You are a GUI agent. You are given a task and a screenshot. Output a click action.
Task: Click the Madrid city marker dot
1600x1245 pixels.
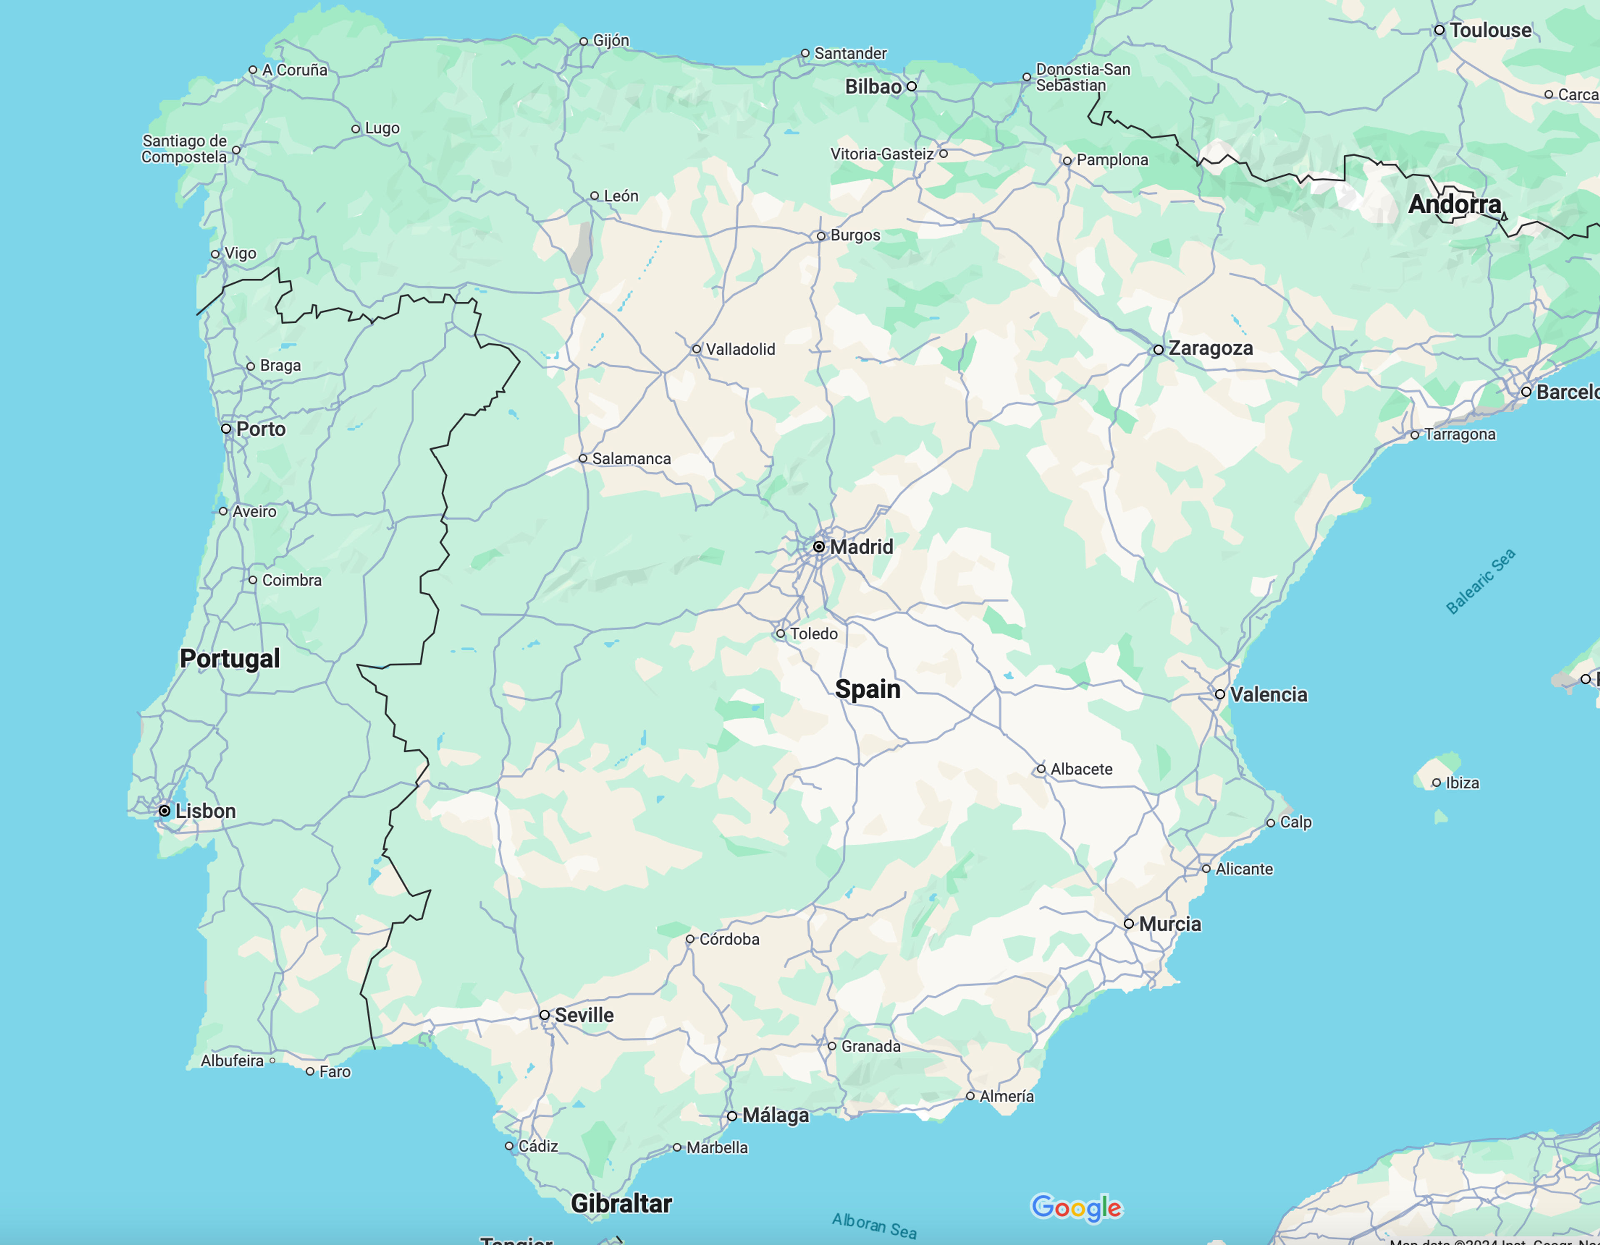(819, 546)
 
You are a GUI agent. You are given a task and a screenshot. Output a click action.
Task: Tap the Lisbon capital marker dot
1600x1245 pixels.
(165, 811)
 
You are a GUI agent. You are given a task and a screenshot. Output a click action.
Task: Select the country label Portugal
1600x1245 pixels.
(230, 659)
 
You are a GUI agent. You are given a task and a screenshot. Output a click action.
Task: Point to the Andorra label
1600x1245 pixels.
(1454, 205)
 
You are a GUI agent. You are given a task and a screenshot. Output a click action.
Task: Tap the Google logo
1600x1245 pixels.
(1076, 1208)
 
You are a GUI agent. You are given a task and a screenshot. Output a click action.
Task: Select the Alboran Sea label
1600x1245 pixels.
(874, 1225)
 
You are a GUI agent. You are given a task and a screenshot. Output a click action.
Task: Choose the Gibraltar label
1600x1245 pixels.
(621, 1203)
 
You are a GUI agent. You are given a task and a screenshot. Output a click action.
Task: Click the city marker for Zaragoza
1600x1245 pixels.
(1158, 350)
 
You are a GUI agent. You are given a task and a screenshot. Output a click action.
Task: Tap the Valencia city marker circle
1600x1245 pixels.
(1220, 694)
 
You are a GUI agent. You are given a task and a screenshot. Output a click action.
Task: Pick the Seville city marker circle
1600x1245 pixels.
(544, 1015)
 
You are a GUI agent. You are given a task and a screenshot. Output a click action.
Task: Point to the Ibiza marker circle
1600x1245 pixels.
(1437, 783)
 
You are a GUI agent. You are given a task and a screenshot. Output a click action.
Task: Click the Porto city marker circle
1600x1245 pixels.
(226, 429)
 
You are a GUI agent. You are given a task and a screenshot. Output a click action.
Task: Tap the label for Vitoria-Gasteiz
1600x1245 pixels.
(882, 154)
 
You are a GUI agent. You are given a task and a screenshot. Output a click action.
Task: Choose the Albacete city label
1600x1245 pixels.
(1081, 769)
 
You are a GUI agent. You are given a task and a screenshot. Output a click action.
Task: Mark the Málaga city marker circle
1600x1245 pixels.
(732, 1116)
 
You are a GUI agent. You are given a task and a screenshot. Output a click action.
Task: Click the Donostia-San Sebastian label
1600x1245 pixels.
(1083, 77)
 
